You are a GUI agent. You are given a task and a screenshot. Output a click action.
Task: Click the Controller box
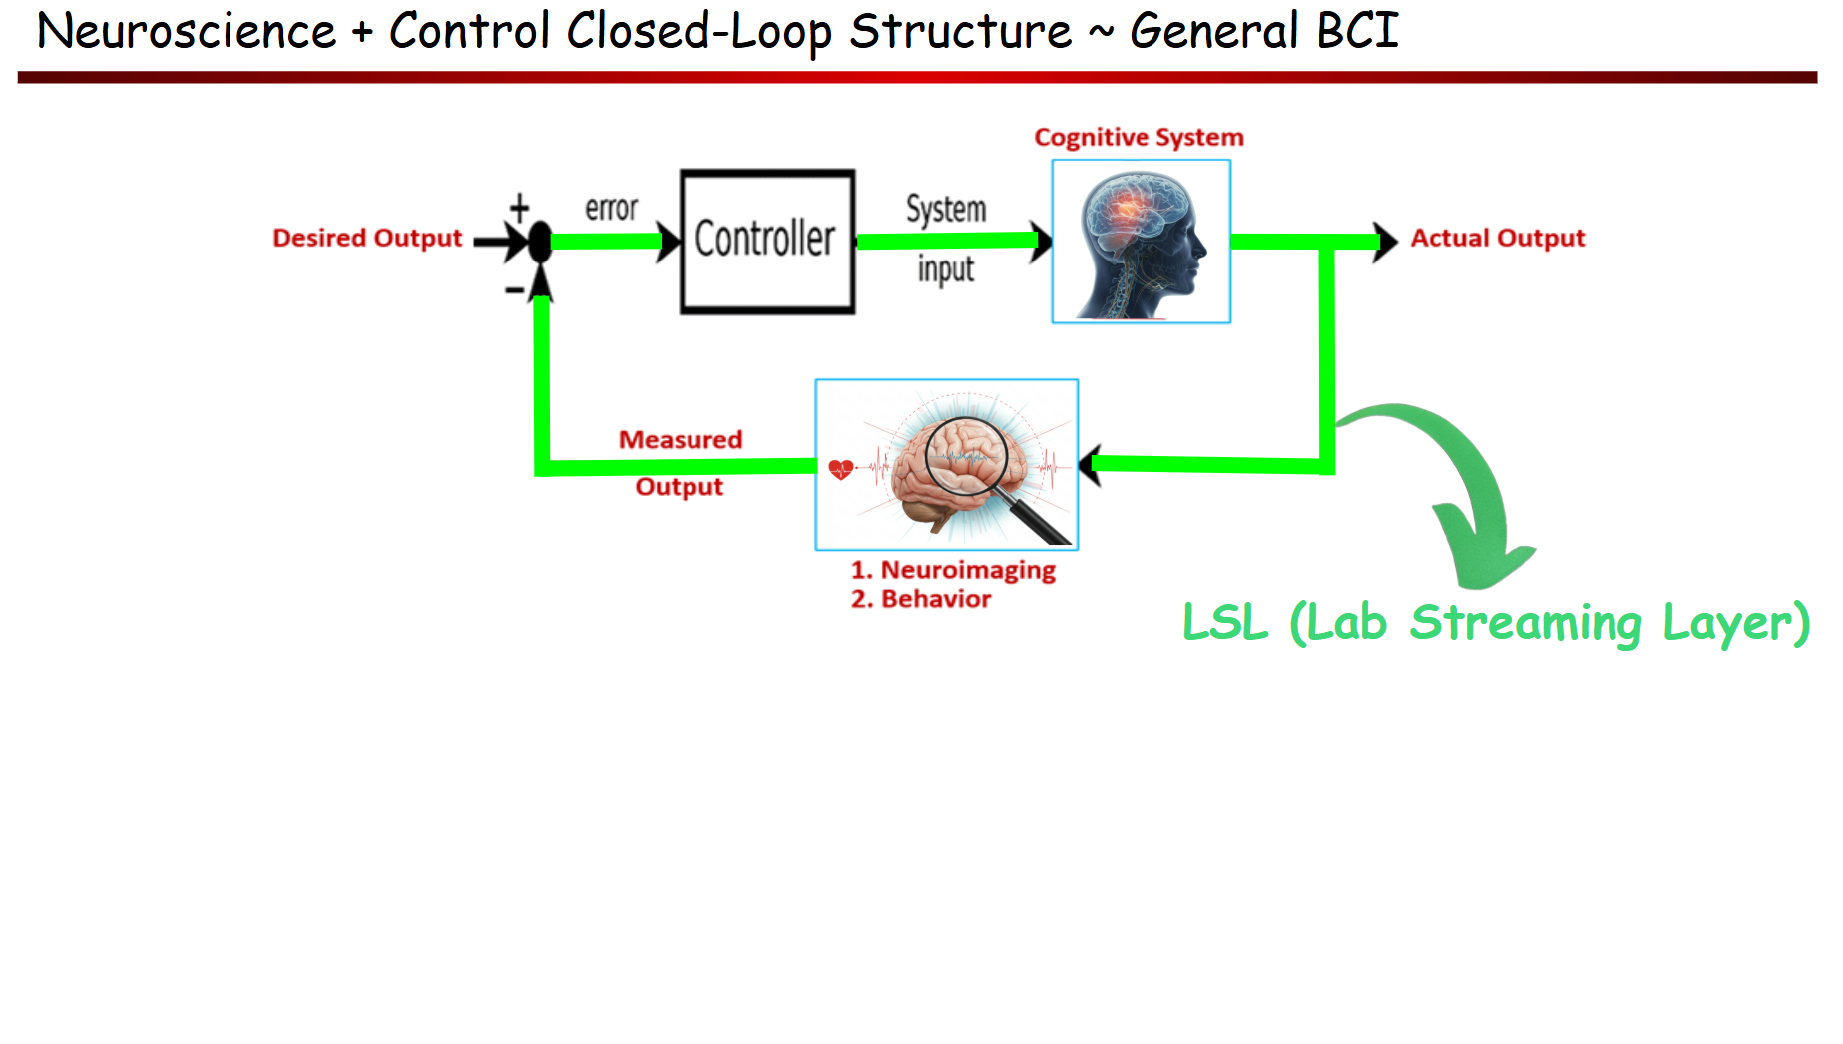(766, 241)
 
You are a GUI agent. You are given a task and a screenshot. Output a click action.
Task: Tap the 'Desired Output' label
(367, 238)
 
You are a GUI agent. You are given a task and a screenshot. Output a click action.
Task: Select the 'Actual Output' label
(1497, 238)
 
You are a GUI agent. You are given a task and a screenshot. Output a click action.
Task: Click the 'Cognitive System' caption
(1139, 137)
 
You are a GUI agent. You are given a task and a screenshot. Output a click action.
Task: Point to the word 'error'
(611, 208)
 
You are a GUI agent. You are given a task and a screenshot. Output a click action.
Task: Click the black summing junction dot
(540, 242)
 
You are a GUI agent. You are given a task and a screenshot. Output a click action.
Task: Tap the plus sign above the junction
(519, 208)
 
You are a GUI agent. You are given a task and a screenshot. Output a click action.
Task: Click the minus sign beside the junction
(514, 290)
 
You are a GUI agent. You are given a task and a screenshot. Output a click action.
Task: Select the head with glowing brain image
(1141, 242)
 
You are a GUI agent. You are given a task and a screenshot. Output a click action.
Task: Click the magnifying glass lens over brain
(966, 456)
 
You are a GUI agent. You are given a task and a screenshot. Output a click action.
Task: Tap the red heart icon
(841, 468)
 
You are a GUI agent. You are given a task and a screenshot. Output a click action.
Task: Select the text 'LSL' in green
(1224, 622)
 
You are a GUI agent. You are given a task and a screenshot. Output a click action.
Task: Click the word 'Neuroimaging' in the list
(967, 570)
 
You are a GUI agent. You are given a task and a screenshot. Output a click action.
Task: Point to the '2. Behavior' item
(920, 599)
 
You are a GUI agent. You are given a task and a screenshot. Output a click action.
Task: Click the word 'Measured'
(681, 439)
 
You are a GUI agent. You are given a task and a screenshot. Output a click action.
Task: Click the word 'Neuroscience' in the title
(187, 31)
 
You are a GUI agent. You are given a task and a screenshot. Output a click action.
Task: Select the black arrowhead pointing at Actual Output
(1385, 242)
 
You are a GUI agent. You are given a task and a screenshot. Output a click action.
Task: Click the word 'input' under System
(945, 269)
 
